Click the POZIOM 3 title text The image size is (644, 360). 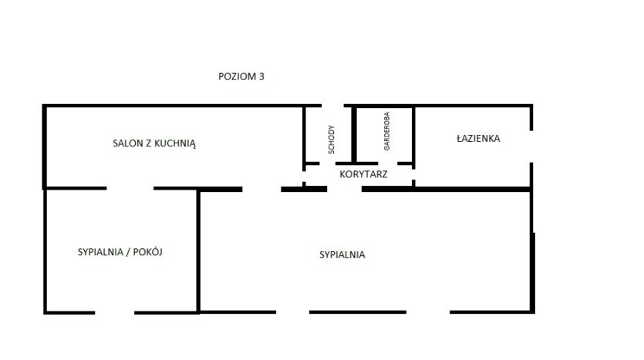click(x=241, y=77)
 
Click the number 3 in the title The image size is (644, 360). click(x=261, y=77)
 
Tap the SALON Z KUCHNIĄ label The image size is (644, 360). click(x=154, y=143)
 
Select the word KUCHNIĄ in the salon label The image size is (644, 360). click(x=177, y=143)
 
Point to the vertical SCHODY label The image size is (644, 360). click(x=332, y=140)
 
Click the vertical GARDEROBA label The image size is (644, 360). click(x=386, y=131)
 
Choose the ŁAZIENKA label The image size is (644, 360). click(x=478, y=138)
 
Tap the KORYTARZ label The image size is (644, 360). click(x=363, y=174)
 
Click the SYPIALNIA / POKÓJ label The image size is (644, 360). click(x=120, y=252)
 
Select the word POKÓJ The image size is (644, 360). click(x=148, y=252)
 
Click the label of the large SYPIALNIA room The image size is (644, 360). click(x=342, y=255)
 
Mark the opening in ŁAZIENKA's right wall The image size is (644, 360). click(x=531, y=146)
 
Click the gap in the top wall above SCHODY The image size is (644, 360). click(x=332, y=106)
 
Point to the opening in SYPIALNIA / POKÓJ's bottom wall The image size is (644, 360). click(x=115, y=313)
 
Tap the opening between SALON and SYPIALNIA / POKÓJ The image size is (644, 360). click(x=130, y=188)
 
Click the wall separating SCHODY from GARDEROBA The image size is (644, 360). click(x=354, y=135)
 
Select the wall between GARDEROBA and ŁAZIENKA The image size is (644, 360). click(x=413, y=137)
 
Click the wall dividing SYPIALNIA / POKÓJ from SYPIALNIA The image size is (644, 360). click(x=198, y=251)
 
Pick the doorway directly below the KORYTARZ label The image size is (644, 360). click(x=344, y=189)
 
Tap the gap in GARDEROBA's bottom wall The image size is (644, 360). click(x=388, y=163)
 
